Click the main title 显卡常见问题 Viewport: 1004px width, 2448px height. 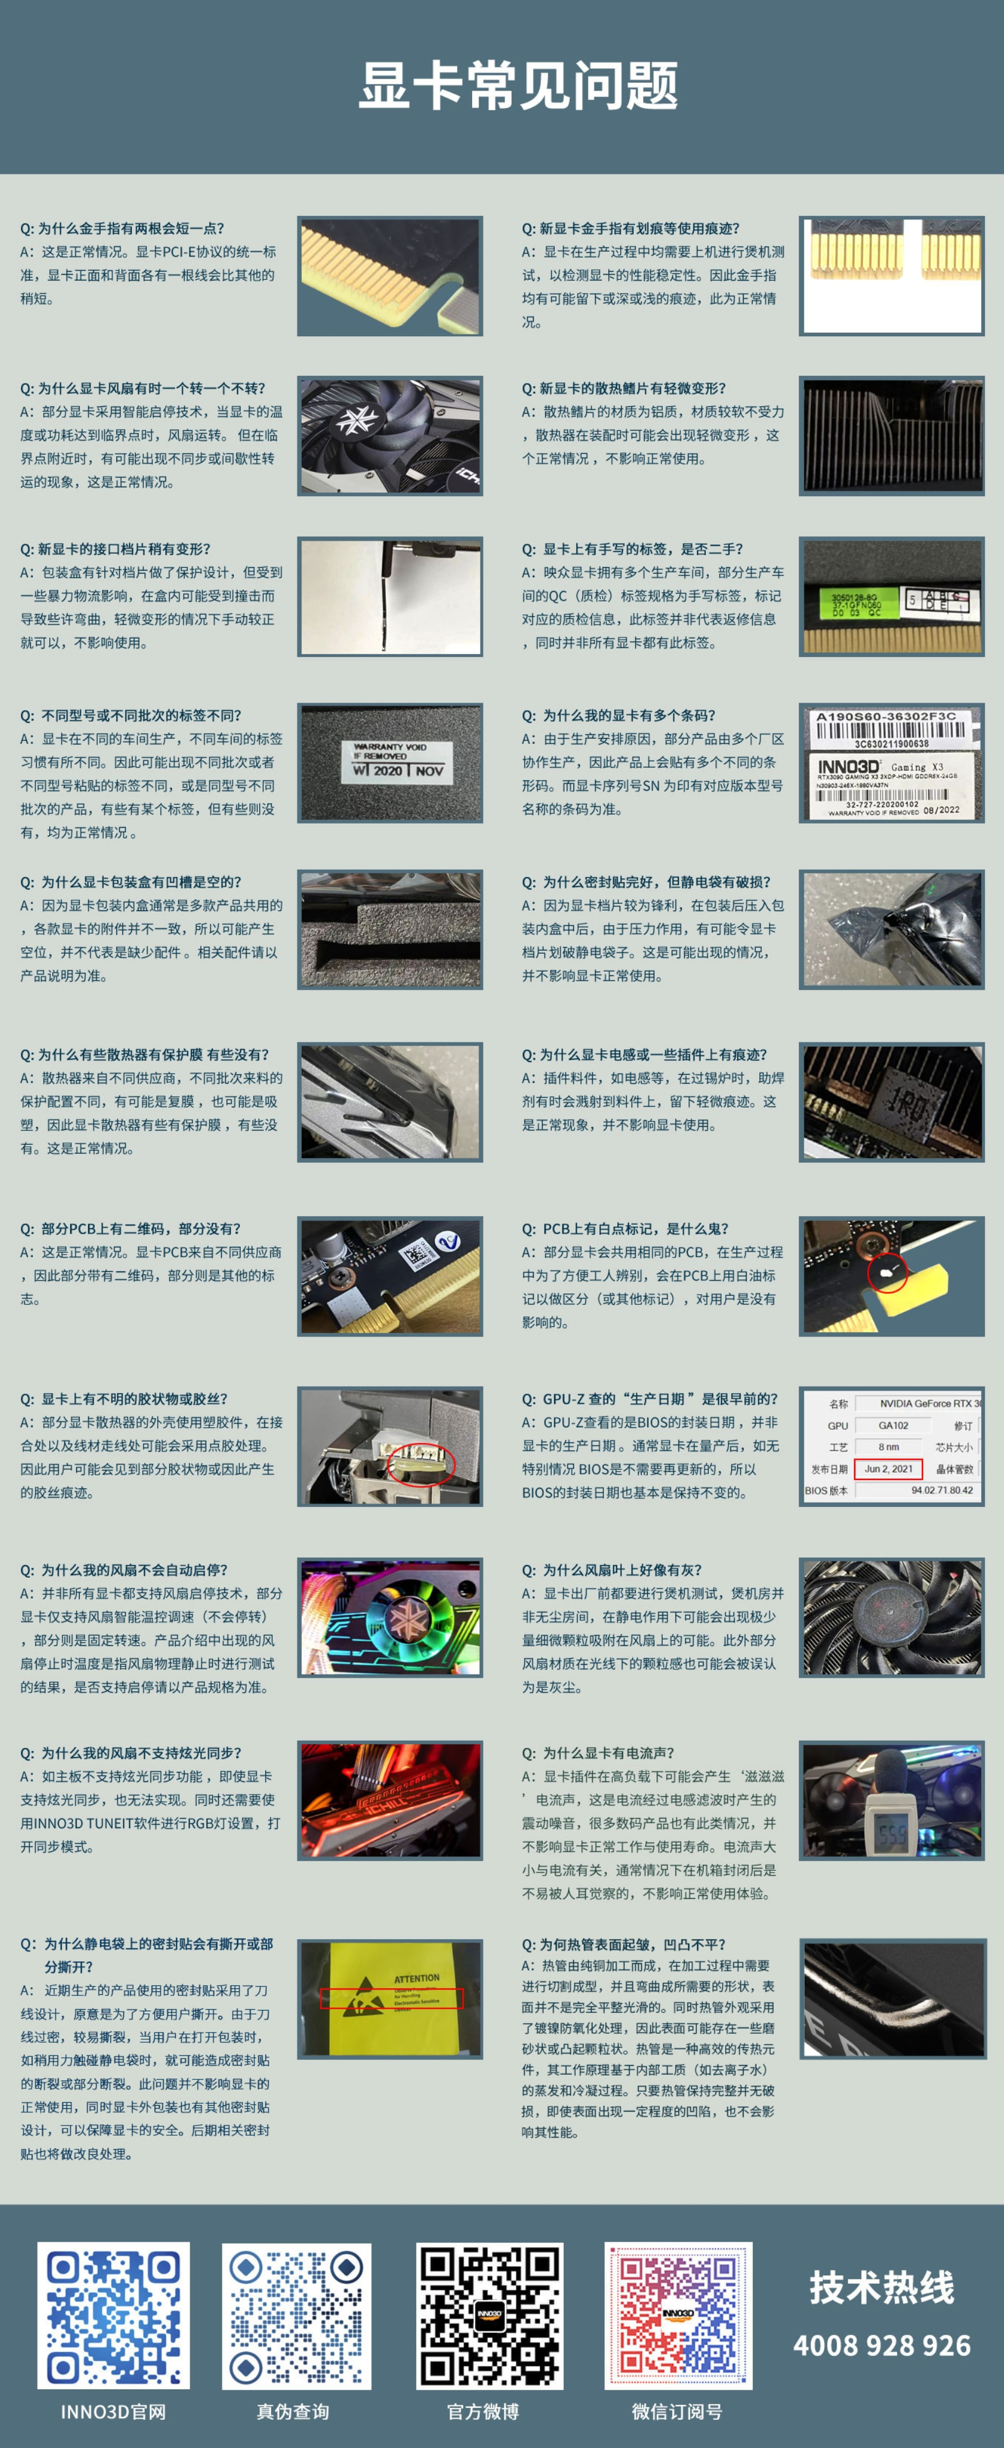(x=518, y=86)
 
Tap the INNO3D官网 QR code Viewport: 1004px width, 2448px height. (x=113, y=2315)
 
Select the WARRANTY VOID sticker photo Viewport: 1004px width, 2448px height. (x=390, y=762)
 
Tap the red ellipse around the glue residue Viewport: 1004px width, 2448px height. (x=423, y=1461)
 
